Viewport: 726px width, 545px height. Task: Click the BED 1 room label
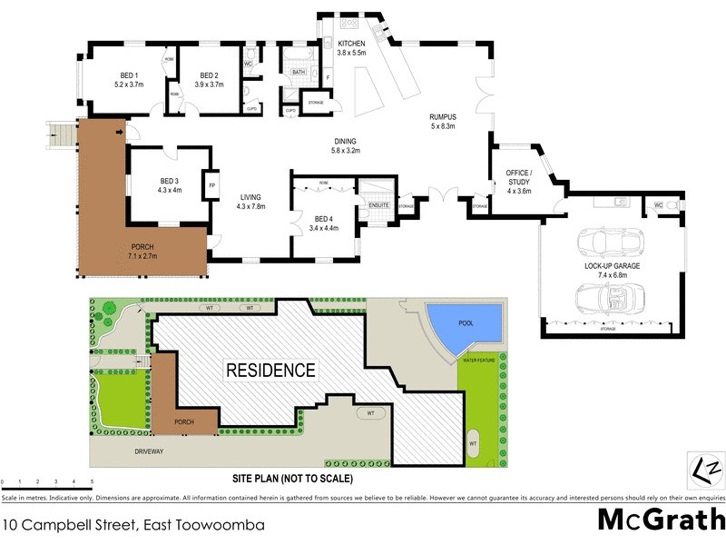point(129,75)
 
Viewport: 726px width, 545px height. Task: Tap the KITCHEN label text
point(351,44)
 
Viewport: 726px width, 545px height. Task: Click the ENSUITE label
point(378,205)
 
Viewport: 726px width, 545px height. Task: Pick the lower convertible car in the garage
point(612,297)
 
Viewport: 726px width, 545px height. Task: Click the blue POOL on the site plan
point(465,322)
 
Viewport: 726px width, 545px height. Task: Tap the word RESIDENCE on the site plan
point(270,371)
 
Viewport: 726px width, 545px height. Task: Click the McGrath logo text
point(661,520)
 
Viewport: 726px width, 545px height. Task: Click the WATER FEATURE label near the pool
point(482,361)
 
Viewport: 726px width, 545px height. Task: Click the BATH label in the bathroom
point(298,71)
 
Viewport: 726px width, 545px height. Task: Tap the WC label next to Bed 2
point(247,64)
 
